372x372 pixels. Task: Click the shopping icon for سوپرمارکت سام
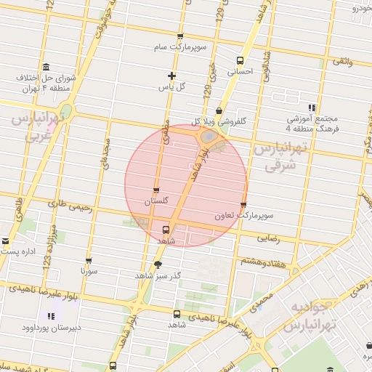coord(180,36)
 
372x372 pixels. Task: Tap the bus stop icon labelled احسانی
coord(240,60)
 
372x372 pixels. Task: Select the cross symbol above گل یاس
coord(171,76)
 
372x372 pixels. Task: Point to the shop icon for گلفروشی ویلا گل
coord(219,110)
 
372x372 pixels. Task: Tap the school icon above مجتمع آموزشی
coord(312,107)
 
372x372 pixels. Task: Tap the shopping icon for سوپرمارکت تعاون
coord(243,205)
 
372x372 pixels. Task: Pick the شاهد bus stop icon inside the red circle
coord(166,229)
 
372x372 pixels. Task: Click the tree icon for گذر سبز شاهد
coord(158,264)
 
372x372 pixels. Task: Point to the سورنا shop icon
coord(89,260)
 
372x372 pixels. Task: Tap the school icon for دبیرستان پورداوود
coord(51,316)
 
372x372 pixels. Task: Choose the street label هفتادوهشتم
coord(260,261)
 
